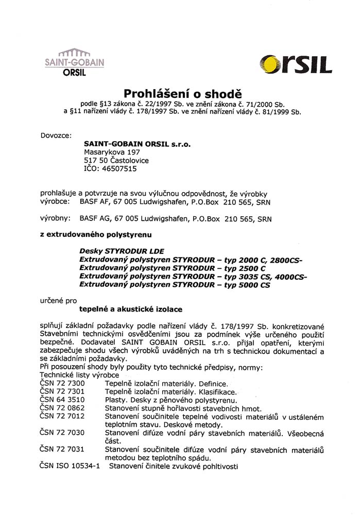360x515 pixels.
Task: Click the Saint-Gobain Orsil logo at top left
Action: (x=74, y=63)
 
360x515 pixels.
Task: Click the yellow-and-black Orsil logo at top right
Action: (x=296, y=65)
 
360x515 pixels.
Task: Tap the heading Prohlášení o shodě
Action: (x=182, y=93)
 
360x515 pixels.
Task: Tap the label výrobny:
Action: (x=55, y=218)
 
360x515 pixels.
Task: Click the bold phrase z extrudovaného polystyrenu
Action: (x=96, y=235)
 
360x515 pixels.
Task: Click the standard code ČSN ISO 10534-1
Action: (x=70, y=466)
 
